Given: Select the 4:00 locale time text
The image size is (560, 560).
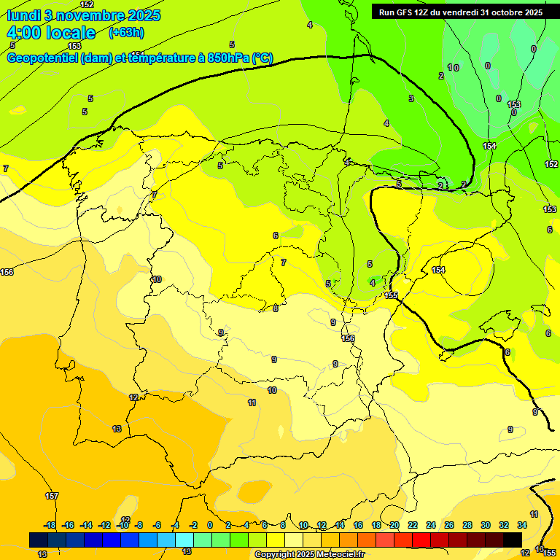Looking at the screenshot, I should point(51,33).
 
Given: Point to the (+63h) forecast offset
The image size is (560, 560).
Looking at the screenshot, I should point(127,33).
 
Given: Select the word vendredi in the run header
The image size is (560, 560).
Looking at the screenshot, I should point(459,12).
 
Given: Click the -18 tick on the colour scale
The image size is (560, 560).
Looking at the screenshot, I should point(50,525).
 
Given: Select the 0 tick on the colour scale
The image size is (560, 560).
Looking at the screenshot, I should point(210,525).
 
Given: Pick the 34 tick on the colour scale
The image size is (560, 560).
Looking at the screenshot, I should point(522,525).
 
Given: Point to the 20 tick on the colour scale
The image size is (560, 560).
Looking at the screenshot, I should point(394,525).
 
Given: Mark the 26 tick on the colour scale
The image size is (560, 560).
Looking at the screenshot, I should point(449,525).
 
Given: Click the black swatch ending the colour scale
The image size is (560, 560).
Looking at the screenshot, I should point(513,540).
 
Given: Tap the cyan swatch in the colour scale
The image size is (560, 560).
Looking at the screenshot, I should point(184,540).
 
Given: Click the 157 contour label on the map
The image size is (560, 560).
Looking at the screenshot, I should point(52,497).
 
